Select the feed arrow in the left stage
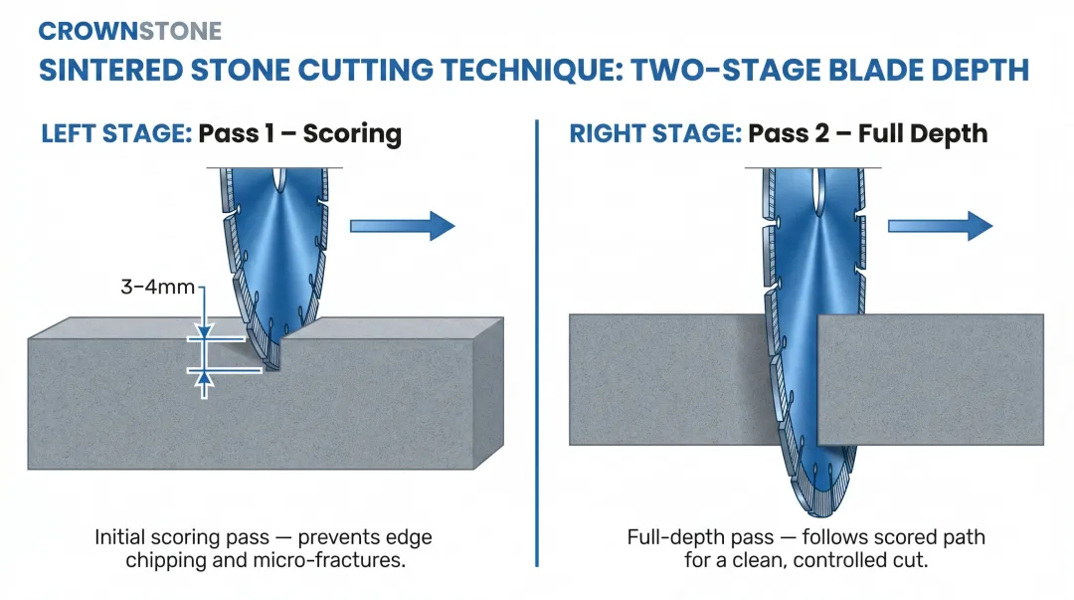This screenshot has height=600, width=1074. (x=402, y=226)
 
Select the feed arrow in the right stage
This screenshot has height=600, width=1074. (x=940, y=226)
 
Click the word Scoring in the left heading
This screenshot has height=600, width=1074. (x=352, y=133)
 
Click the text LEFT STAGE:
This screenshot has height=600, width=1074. (x=115, y=133)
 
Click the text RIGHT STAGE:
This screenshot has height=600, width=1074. (x=654, y=133)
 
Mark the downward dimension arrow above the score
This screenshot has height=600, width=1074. (x=203, y=326)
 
